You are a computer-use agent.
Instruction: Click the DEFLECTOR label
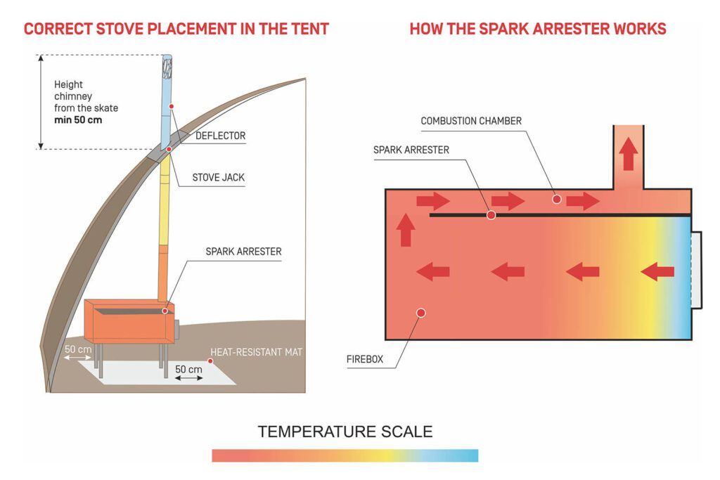(x=220, y=136)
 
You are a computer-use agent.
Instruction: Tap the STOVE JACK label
(x=219, y=178)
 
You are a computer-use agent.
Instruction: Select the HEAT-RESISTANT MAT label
(x=256, y=352)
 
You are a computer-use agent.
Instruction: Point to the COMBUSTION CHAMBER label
(x=471, y=121)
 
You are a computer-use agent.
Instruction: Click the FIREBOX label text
(x=365, y=359)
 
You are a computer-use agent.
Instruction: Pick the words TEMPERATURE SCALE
(x=345, y=432)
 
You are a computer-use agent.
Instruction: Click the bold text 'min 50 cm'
(x=78, y=120)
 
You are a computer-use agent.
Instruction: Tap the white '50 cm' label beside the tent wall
(x=78, y=349)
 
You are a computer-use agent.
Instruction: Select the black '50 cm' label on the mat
(x=188, y=370)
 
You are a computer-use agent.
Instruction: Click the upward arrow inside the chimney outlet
(x=629, y=154)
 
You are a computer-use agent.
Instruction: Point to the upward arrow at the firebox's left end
(x=406, y=230)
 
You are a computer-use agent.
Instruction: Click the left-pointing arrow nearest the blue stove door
(x=657, y=272)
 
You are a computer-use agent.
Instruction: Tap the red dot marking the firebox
(x=420, y=313)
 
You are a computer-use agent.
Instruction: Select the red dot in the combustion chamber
(x=557, y=199)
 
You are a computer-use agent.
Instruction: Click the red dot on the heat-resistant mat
(x=210, y=361)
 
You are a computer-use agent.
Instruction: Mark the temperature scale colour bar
(x=345, y=455)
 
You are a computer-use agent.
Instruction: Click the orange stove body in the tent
(x=129, y=321)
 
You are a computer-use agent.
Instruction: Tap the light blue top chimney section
(x=166, y=102)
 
